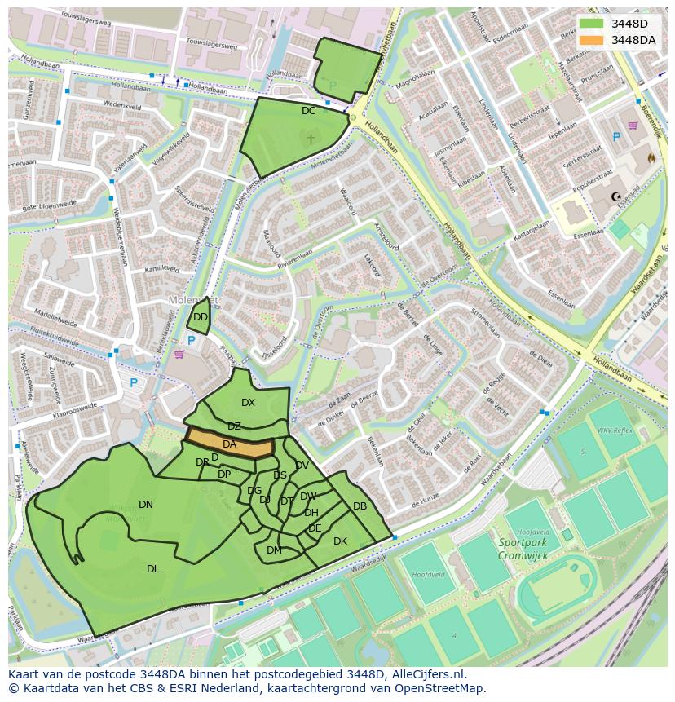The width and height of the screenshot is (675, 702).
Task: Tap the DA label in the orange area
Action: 229,444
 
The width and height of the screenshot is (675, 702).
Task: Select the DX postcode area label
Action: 248,403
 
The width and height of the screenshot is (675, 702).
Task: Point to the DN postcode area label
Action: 146,505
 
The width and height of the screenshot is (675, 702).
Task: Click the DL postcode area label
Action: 153,569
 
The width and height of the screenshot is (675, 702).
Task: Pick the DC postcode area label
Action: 308,111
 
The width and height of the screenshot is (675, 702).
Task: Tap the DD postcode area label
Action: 201,317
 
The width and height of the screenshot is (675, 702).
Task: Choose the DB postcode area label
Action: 360,506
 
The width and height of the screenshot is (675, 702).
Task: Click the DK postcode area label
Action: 340,541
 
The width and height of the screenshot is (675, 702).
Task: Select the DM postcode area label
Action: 274,550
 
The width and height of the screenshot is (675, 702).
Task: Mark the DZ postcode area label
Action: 234,426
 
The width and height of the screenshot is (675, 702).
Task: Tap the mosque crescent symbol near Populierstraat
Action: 617,196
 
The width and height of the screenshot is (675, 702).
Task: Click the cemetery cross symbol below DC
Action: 310,139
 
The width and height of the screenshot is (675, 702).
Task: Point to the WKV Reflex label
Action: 615,430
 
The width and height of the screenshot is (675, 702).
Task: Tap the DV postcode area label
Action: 302,466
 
